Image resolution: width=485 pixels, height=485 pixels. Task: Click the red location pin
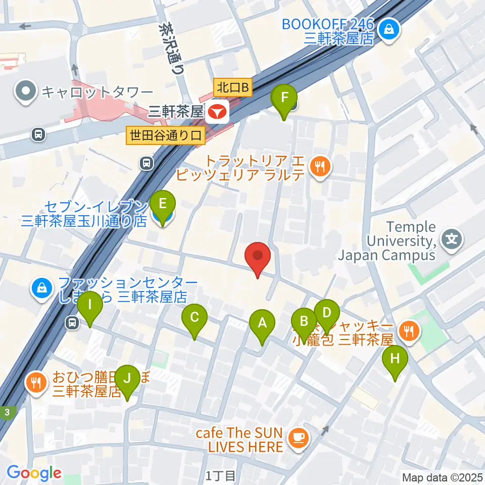(x=258, y=258)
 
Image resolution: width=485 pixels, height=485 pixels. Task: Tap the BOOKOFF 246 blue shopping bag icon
(x=391, y=30)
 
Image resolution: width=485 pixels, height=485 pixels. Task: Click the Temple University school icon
(x=452, y=237)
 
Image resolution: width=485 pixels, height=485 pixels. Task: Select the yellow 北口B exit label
(x=232, y=87)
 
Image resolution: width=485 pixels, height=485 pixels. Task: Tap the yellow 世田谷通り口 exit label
(x=165, y=135)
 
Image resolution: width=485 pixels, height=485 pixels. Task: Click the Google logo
(x=34, y=473)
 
